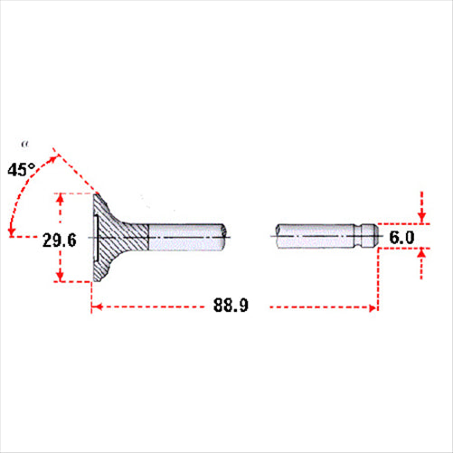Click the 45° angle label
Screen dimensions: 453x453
pos(22,170)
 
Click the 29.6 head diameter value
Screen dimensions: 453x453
pos(60,241)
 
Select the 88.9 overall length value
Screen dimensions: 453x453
pos(231,305)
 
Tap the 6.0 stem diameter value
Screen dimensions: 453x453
pos(401,238)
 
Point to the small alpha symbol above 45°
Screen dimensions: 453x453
pos(25,145)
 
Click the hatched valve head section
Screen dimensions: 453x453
pos(118,237)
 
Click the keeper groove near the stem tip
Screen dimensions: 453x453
pos(358,236)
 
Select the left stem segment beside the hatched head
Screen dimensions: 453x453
pos(187,237)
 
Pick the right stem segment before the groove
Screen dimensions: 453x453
pos(316,236)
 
